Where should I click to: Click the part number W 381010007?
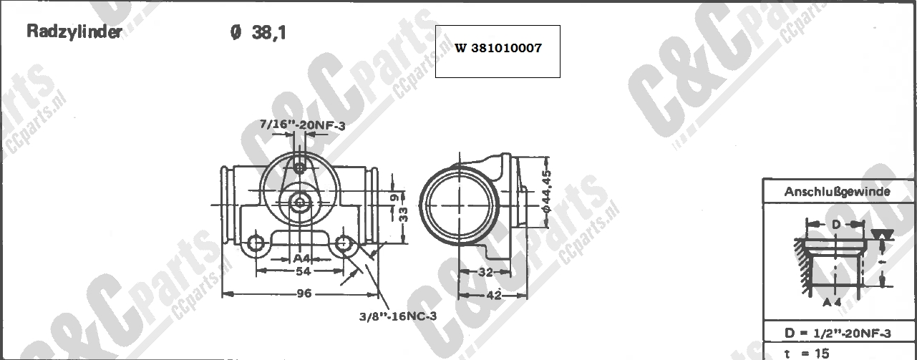[498, 49]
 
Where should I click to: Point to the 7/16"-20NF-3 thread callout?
[303, 125]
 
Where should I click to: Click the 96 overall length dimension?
[304, 293]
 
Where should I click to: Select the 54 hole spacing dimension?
[303, 271]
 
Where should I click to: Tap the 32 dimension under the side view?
[485, 271]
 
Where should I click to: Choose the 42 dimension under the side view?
[494, 293]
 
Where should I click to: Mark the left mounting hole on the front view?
[256, 243]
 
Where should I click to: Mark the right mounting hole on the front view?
[344, 243]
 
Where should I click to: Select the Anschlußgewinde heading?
[837, 192]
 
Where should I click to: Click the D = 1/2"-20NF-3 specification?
[837, 334]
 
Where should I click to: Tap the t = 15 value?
[807, 353]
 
